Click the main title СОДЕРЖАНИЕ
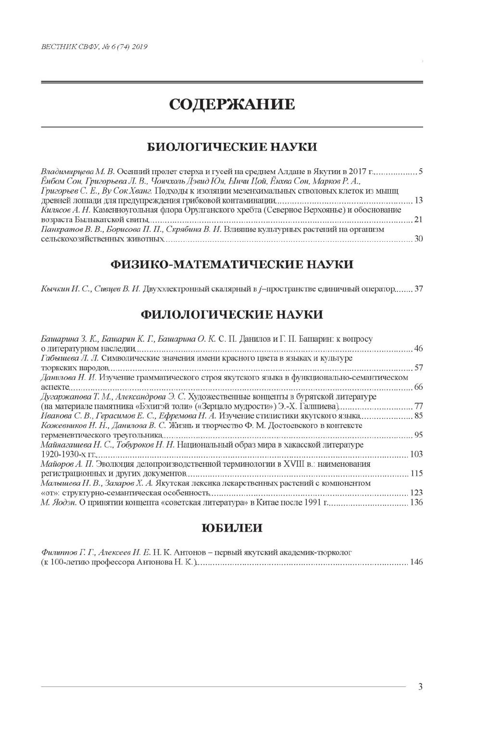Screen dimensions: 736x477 pyautogui.click(x=231, y=104)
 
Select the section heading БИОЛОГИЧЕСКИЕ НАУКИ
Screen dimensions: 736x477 pyautogui.click(x=231, y=147)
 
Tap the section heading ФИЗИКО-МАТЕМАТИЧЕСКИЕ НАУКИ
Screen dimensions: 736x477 pyautogui.click(x=231, y=264)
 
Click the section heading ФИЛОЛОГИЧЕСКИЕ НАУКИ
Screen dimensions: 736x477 pyautogui.click(x=231, y=315)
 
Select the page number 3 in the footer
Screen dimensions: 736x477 pyautogui.click(x=420, y=687)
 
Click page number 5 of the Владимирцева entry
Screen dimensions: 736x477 pyautogui.click(x=420, y=172)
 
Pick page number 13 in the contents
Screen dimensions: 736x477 pyautogui.click(x=418, y=200)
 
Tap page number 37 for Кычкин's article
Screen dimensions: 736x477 pyautogui.click(x=418, y=289)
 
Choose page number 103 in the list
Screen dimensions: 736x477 pyautogui.click(x=416, y=454)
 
